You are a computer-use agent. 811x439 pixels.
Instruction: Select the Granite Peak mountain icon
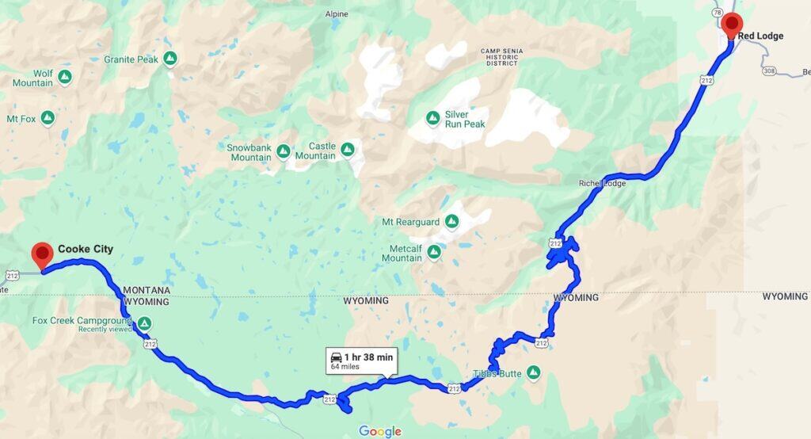[169, 59]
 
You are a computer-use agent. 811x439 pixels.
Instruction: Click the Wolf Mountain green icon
[65, 78]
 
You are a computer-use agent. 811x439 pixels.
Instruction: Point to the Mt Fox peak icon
[48, 119]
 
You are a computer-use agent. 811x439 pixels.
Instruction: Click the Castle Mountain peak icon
[347, 149]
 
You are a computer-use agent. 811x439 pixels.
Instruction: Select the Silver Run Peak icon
[432, 119]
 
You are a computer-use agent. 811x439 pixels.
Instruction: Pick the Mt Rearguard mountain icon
[452, 222]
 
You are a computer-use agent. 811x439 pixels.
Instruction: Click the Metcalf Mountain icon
[434, 253]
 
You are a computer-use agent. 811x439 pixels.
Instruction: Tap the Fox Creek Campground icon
[144, 323]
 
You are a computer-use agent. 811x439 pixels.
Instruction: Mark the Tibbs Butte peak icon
[534, 372]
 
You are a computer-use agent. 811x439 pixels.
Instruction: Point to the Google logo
[380, 431]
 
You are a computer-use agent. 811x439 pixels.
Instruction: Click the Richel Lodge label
[602, 184]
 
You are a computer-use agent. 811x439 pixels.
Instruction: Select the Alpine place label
[337, 14]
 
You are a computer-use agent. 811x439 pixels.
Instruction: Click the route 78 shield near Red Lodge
[717, 13]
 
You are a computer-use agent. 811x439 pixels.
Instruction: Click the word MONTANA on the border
[147, 291]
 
